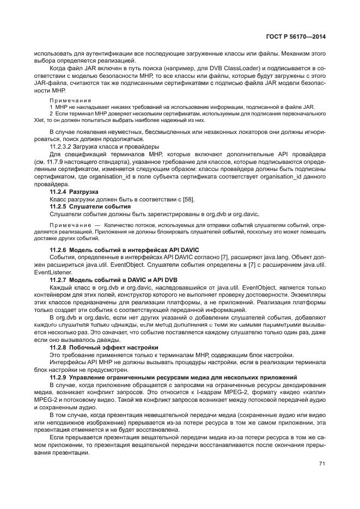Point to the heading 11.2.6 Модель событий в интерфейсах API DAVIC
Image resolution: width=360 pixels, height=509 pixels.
pos(124,249)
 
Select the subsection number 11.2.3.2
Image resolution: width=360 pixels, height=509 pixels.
pos(63,147)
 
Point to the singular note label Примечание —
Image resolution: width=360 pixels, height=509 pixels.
pos(71,224)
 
